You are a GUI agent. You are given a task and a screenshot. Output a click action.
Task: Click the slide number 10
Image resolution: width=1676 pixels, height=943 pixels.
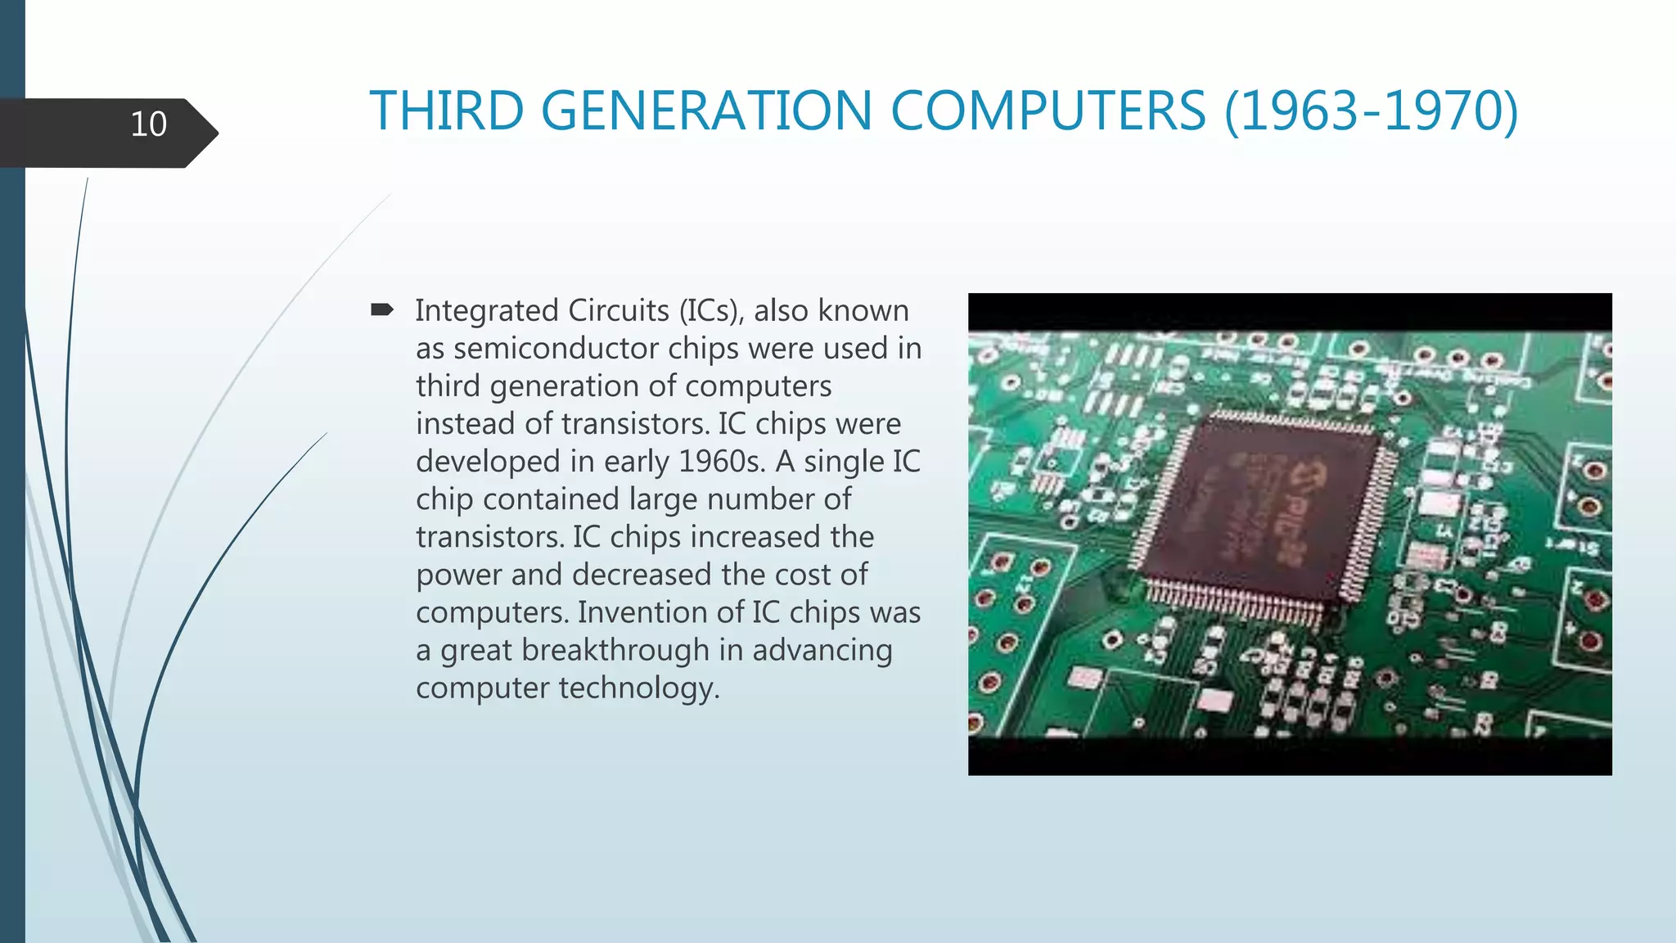tap(148, 124)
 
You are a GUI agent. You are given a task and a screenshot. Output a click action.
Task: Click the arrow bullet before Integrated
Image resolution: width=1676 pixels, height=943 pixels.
tap(382, 309)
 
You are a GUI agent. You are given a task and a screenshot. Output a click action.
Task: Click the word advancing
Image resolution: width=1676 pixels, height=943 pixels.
tap(822, 650)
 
